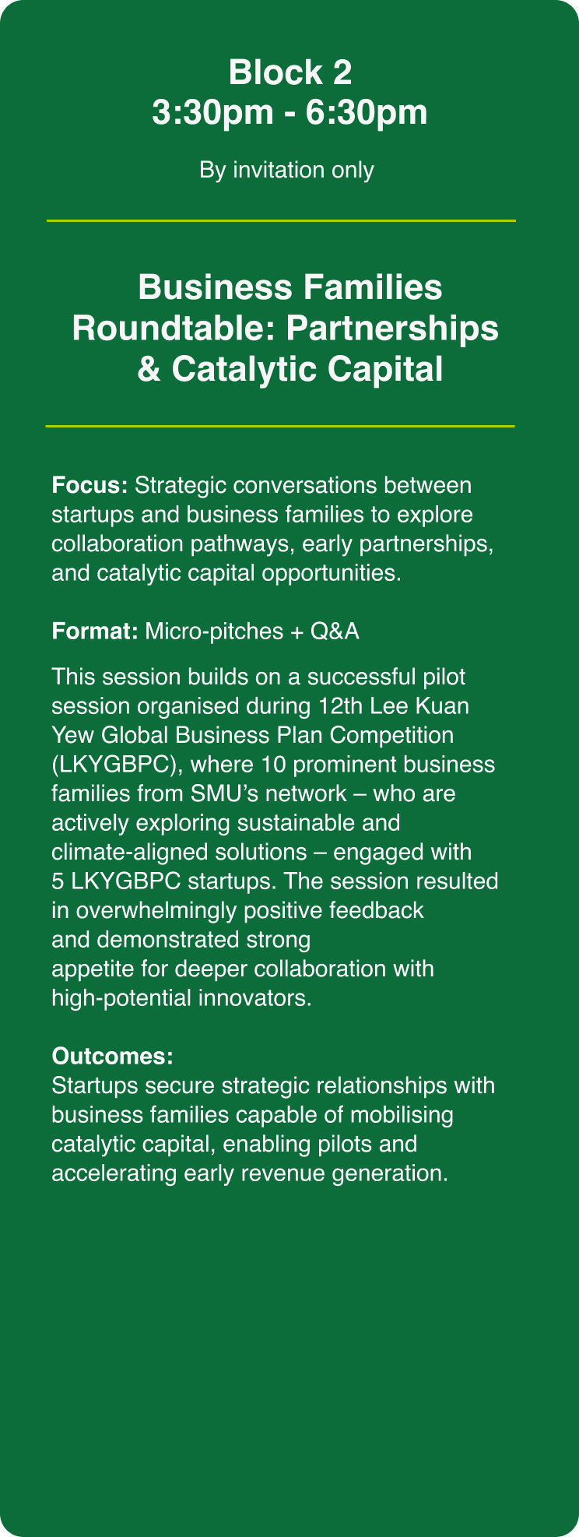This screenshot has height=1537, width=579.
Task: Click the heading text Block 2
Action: coord(290,72)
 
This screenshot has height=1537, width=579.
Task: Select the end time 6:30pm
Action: coord(367,113)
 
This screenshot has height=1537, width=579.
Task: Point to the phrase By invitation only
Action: coord(286,170)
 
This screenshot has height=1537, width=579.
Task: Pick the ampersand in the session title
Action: coord(149,368)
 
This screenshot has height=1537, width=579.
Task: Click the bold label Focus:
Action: coord(89,485)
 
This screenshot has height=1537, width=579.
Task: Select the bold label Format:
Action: coord(95,631)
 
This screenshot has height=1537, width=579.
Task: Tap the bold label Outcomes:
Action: coord(112,1057)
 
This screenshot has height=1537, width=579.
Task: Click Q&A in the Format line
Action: coord(335,631)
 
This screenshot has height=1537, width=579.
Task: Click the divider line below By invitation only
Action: coord(281,221)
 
